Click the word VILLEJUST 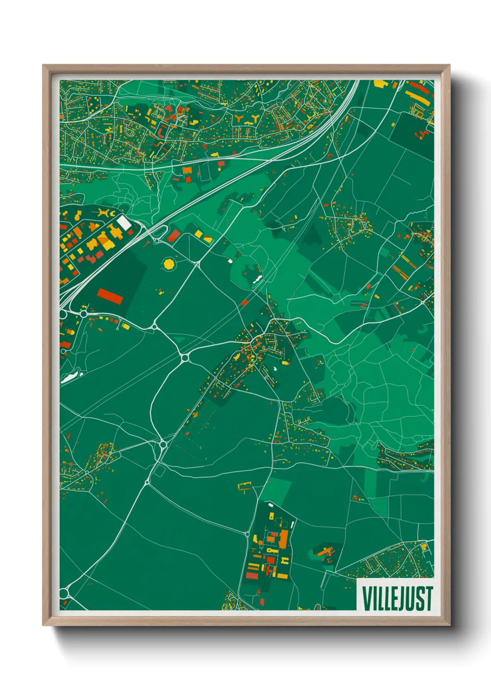[397, 598]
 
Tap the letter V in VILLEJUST [366, 598]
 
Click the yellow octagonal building [169, 264]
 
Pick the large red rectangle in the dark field [110, 296]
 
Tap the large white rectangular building [123, 222]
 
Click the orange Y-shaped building [239, 119]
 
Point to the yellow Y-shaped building [254, 120]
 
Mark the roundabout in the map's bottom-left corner [64, 593]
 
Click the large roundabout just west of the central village [185, 357]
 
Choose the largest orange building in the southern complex [283, 539]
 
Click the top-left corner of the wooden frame [43, 65]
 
